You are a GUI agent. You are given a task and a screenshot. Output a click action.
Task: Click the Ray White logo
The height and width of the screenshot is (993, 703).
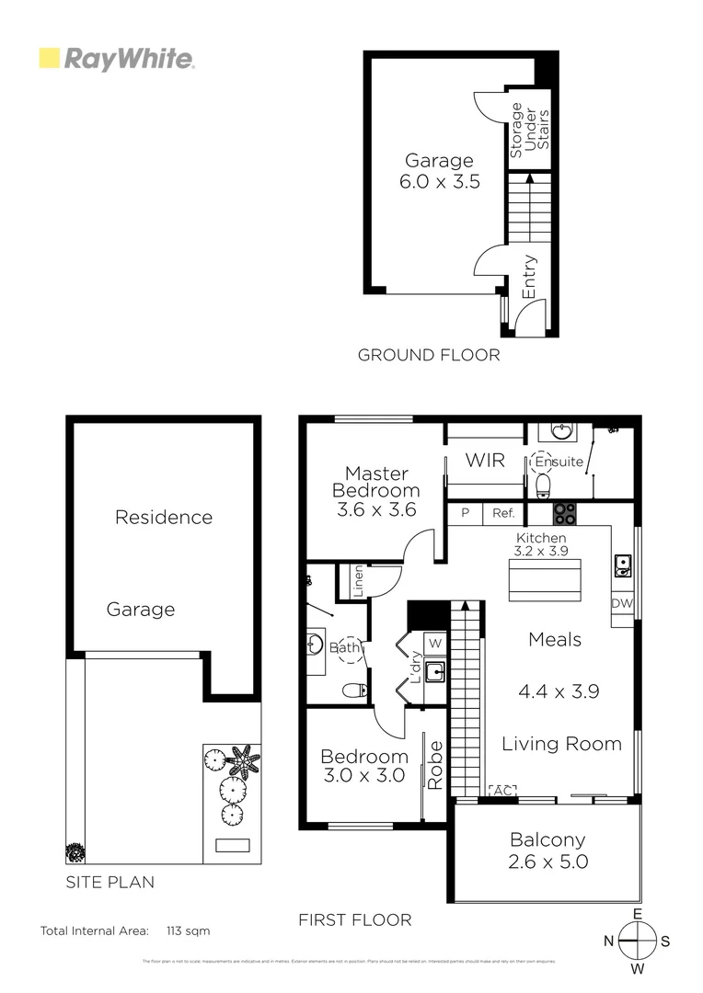click(116, 60)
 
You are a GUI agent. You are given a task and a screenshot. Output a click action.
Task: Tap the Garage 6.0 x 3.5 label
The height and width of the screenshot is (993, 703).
click(439, 172)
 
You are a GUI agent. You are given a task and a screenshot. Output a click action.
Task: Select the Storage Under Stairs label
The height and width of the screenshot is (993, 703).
click(529, 130)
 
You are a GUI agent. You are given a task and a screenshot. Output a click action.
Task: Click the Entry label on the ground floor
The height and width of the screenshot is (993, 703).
click(529, 276)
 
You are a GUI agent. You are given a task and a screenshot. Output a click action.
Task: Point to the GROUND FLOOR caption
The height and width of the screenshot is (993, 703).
click(428, 355)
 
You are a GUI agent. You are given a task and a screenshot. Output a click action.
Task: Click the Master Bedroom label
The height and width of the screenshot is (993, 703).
click(376, 483)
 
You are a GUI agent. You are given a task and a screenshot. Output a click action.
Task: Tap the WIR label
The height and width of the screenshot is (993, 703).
click(485, 460)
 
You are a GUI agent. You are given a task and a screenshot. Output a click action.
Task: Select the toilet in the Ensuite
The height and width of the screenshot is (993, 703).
click(543, 484)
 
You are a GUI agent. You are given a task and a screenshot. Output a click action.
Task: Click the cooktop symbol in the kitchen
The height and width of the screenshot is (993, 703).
click(564, 513)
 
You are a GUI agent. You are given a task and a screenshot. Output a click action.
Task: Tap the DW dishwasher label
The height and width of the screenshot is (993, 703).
click(622, 603)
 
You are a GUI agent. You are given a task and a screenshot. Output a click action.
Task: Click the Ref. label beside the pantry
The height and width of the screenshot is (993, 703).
click(503, 514)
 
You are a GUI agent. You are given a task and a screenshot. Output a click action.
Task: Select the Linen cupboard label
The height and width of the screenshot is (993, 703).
click(358, 582)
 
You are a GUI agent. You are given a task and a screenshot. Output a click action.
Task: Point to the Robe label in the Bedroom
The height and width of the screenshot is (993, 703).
click(435, 764)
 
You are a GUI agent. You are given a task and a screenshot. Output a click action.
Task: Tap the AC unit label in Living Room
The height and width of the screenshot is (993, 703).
click(502, 790)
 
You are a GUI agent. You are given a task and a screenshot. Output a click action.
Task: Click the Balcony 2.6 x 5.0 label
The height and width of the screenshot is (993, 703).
click(547, 850)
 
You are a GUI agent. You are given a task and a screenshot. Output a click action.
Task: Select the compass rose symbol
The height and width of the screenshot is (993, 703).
click(636, 941)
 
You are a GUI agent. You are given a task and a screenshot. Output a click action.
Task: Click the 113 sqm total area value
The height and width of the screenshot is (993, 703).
click(189, 930)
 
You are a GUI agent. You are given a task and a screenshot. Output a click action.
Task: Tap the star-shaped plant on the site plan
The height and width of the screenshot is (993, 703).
click(243, 761)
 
